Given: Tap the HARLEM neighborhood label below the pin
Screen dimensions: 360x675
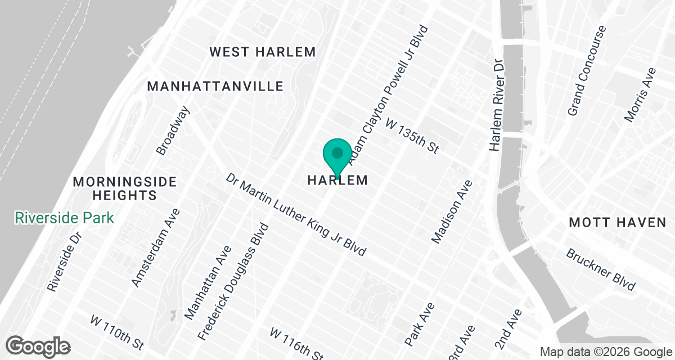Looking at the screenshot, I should pyautogui.click(x=337, y=181).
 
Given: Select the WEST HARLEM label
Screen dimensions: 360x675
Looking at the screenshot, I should pyautogui.click(x=263, y=52).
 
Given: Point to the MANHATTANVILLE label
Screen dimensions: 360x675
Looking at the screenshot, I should pyautogui.click(x=215, y=87).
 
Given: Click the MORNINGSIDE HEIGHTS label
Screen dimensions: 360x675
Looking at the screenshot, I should pyautogui.click(x=125, y=189).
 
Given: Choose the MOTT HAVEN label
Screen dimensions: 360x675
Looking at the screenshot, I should pyautogui.click(x=617, y=223).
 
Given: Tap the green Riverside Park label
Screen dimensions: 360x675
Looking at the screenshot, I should pyautogui.click(x=65, y=218).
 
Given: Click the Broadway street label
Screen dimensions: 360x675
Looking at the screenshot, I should pyautogui.click(x=173, y=130).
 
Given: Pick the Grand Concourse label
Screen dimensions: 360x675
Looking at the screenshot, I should pyautogui.click(x=587, y=70).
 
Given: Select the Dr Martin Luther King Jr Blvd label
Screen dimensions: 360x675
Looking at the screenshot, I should pyautogui.click(x=296, y=214).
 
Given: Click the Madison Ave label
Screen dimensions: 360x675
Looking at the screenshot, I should pyautogui.click(x=451, y=212).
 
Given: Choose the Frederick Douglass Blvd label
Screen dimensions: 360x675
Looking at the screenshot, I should pyautogui.click(x=233, y=281).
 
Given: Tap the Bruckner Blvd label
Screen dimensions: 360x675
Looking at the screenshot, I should pyautogui.click(x=601, y=269).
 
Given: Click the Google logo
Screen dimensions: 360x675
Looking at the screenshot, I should pyautogui.click(x=39, y=345).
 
